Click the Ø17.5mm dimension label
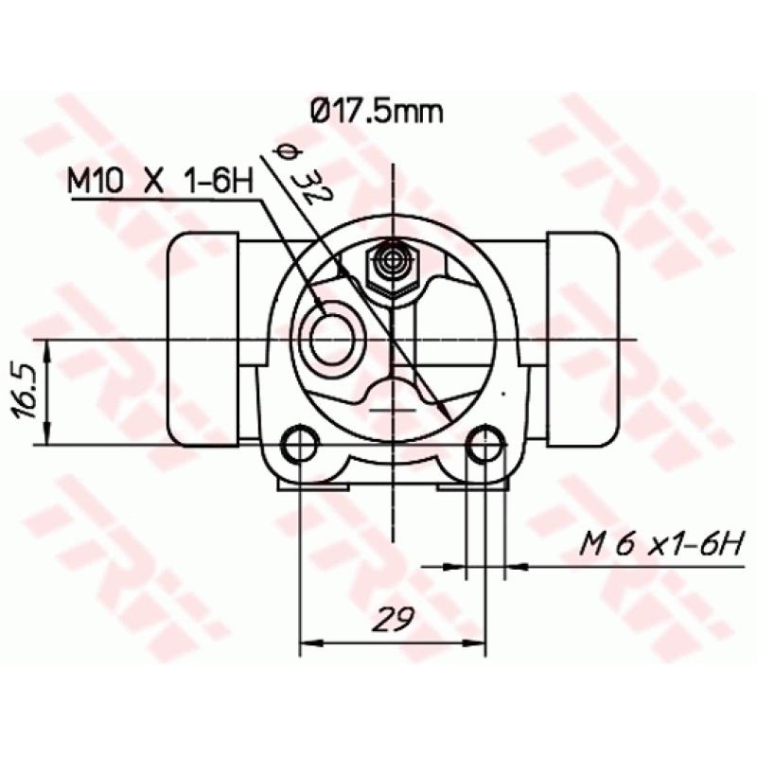(377, 112)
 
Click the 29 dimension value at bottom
(392, 620)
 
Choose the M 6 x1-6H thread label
(663, 545)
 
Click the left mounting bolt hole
(300, 444)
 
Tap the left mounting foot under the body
(313, 486)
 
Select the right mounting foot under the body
(471, 486)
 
